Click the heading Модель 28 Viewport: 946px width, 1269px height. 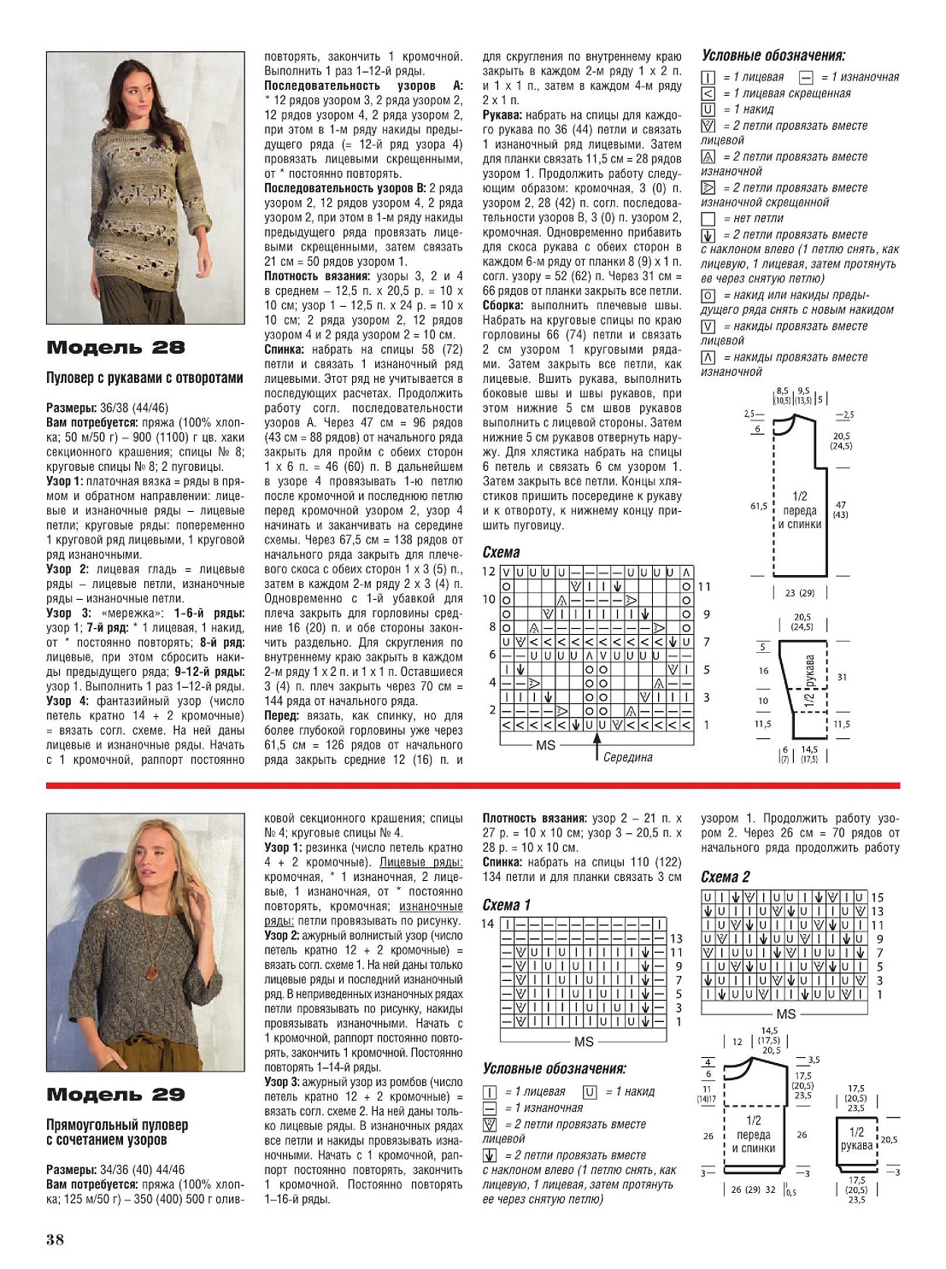tap(115, 348)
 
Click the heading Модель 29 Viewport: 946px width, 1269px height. tap(115, 1095)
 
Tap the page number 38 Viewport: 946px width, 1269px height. tap(55, 1240)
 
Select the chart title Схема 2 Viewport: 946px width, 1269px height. tap(725, 877)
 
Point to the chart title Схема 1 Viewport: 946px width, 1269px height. tap(506, 905)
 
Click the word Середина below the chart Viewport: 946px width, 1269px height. tap(627, 757)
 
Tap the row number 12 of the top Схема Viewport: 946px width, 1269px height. tap(489, 572)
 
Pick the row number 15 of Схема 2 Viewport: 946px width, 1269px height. tap(877, 898)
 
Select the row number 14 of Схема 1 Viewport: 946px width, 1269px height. tap(488, 924)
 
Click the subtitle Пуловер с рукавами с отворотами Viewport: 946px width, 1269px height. tap(144, 378)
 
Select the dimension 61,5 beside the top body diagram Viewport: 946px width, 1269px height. tap(758, 507)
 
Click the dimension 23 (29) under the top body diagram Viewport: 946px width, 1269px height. tap(799, 593)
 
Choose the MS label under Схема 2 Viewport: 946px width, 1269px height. tap(785, 1014)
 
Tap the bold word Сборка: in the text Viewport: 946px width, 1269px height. tap(502, 305)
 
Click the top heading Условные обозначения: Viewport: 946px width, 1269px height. tap(773, 56)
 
